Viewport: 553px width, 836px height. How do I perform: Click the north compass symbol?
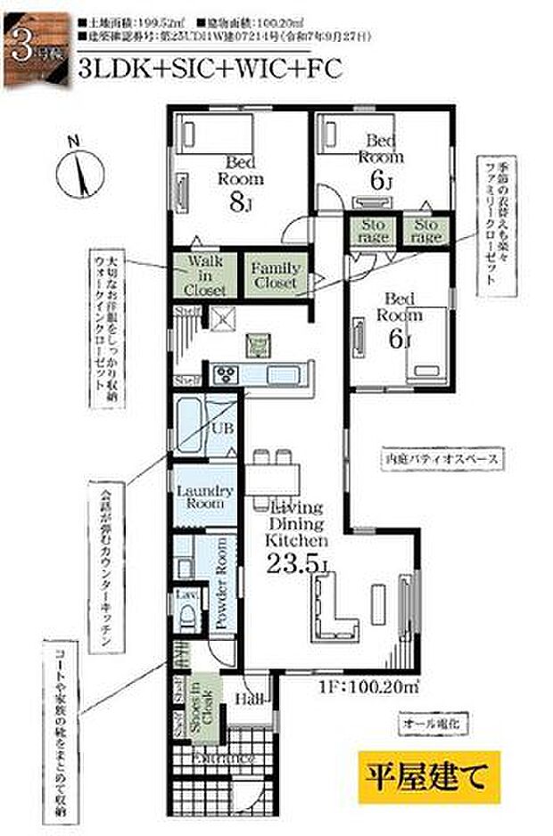pyautogui.click(x=78, y=169)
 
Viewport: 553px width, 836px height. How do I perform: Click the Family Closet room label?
pyautogui.click(x=276, y=275)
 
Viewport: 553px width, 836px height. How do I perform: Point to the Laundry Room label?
pyautogui.click(x=205, y=497)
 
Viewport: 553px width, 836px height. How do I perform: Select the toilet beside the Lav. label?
pyautogui.click(x=187, y=615)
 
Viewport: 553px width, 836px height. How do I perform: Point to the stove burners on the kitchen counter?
pyautogui.click(x=226, y=373)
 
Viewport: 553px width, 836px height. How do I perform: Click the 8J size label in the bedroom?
pyautogui.click(x=241, y=201)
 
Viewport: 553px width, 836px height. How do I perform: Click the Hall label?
pyautogui.click(x=251, y=701)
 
